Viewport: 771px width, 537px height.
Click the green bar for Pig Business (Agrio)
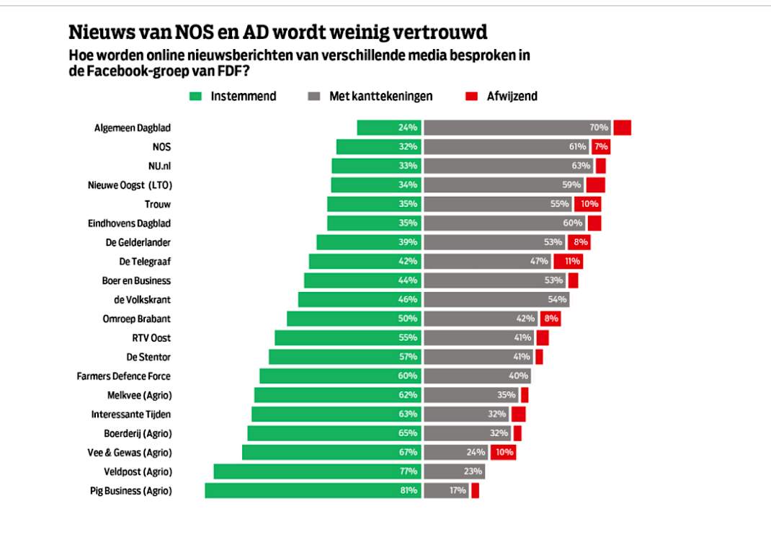(x=313, y=491)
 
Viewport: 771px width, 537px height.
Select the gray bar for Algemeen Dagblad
(x=517, y=128)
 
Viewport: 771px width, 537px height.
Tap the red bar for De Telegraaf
(x=569, y=261)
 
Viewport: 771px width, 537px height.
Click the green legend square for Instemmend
(x=196, y=97)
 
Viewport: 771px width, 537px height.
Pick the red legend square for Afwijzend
(x=471, y=97)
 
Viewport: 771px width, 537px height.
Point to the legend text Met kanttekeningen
(x=381, y=97)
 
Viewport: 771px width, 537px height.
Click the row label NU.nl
(x=160, y=167)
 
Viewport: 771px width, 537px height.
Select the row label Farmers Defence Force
(x=123, y=376)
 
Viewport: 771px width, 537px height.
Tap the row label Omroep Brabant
(x=137, y=319)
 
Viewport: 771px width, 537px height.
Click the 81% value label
(x=409, y=491)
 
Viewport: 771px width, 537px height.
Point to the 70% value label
(x=599, y=128)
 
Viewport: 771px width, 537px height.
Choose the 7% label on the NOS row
(x=602, y=146)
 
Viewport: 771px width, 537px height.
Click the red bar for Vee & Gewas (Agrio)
(x=504, y=453)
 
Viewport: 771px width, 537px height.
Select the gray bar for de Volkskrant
(x=496, y=299)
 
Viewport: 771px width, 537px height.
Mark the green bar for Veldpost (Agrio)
(x=318, y=471)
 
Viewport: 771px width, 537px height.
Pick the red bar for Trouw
(x=587, y=204)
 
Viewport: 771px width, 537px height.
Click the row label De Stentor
(x=148, y=357)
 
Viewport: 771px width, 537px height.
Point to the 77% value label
(x=409, y=471)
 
